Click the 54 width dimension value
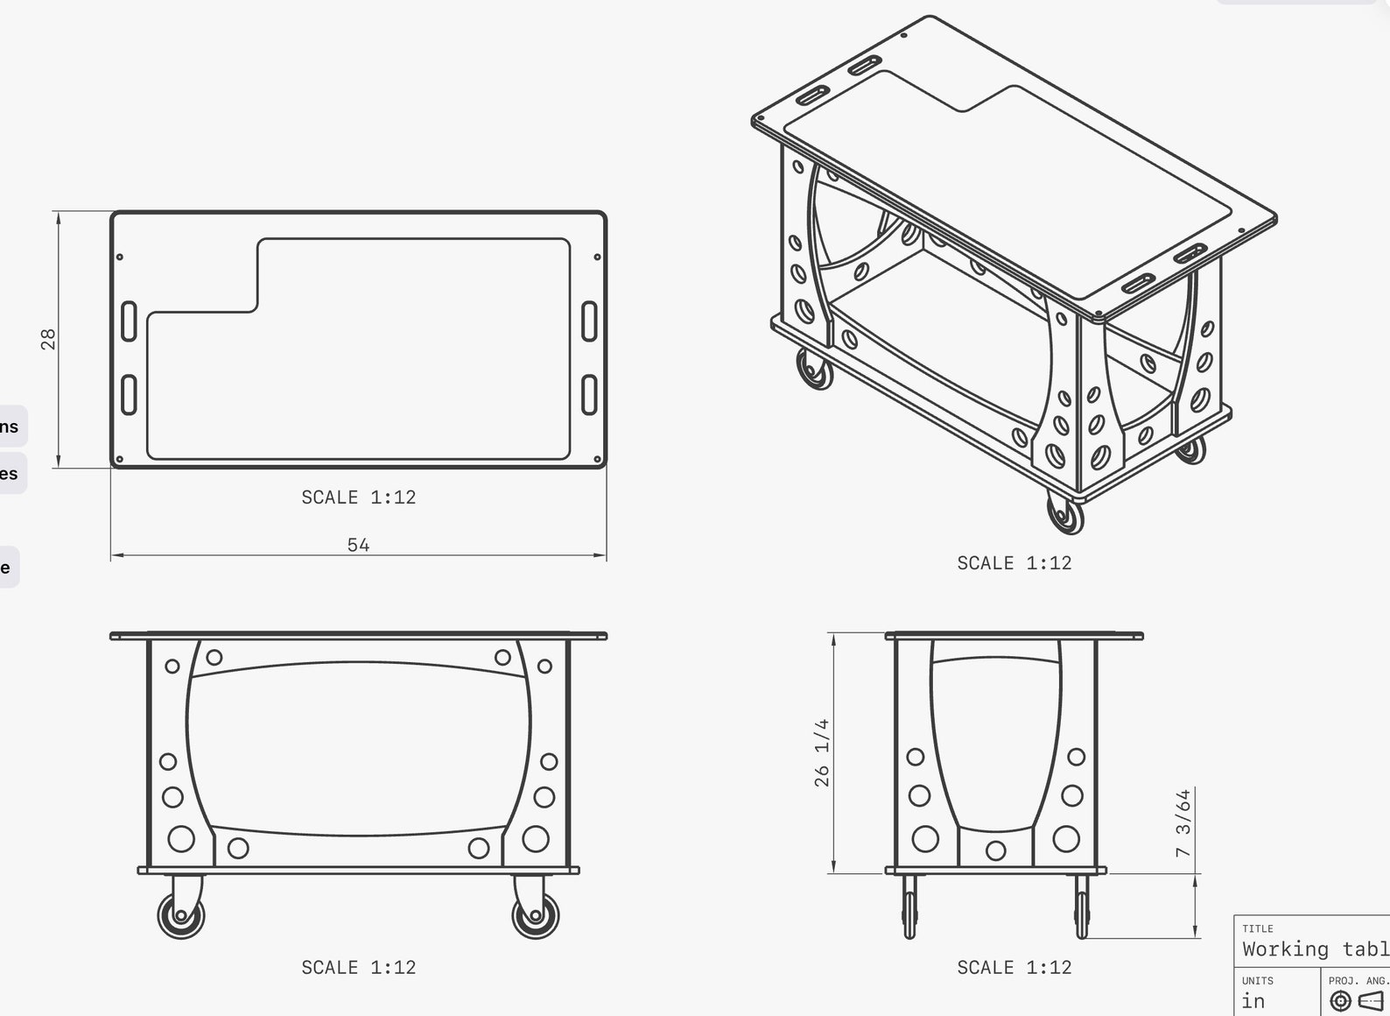coord(358,545)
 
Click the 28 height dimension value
coord(48,339)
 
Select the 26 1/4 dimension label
coord(821,752)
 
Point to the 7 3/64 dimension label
coord(1183,823)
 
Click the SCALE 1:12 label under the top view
coord(358,497)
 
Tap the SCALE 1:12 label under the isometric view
coord(1014,563)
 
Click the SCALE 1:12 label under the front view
coord(358,968)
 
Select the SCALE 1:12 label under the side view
coord(1014,968)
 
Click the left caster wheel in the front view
coord(181,915)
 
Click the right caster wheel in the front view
coord(535,915)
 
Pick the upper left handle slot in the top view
coord(129,321)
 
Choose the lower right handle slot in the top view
coord(589,395)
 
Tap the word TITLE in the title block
coord(1257,928)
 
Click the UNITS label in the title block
coord(1257,981)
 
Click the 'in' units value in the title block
coord(1253,1001)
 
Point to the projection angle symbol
coord(1356,1000)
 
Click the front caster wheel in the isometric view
coord(1064,514)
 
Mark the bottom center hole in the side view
coord(995,850)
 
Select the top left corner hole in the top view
coord(120,258)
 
